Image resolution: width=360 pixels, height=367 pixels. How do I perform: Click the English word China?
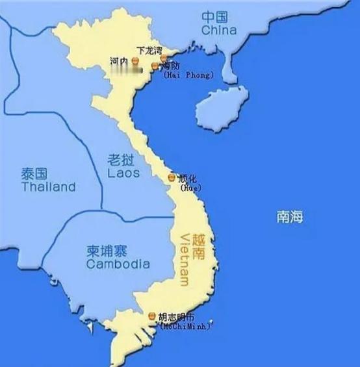point(218,30)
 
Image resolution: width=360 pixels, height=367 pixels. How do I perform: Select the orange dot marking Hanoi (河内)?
point(135,61)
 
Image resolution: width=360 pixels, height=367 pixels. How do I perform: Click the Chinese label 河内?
point(119,61)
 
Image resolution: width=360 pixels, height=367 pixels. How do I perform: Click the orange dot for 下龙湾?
point(164,58)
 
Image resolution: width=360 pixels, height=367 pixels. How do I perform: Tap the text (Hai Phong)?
point(188,75)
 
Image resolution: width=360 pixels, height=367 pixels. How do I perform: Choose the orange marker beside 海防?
point(155,66)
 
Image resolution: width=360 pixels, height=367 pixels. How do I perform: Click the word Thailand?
point(48,187)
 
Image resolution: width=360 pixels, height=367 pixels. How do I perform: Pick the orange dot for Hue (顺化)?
point(172,177)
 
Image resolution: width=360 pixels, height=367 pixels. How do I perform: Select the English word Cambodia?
point(118,264)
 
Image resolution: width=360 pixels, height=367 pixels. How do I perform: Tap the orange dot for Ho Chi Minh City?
point(151,316)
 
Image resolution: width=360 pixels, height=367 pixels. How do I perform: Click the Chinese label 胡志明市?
point(176,316)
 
